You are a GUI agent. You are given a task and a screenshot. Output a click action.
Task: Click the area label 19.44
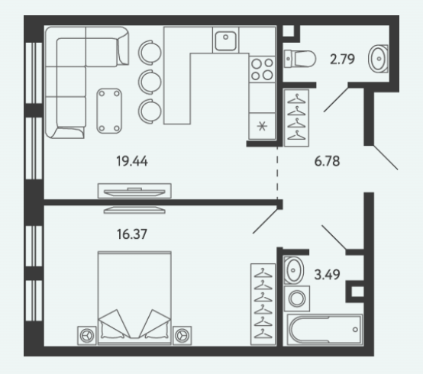[x=132, y=161]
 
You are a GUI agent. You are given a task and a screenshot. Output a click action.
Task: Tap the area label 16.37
[x=132, y=234]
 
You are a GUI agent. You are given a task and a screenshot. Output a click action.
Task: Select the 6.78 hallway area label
[x=327, y=161]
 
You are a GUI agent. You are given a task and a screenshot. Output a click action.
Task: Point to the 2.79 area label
[x=342, y=59]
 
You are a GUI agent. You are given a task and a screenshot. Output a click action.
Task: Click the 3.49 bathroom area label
[x=327, y=275]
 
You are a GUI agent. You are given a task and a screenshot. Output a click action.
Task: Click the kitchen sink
[x=225, y=40]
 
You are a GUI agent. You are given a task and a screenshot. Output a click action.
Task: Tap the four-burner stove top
[x=262, y=69]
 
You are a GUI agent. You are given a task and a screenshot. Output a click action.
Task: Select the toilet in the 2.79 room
[x=300, y=59]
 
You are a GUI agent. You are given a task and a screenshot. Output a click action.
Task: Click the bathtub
[x=325, y=330]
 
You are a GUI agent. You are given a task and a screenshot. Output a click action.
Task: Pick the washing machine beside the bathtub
[x=297, y=298]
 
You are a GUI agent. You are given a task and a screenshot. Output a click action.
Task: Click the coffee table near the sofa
[x=109, y=111]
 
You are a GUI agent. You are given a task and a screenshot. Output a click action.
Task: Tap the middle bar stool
[x=150, y=82]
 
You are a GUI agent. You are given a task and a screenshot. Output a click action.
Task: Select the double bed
[x=134, y=298]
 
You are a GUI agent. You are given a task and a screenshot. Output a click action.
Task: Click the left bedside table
[x=87, y=335]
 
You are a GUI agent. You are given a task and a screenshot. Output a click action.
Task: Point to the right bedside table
[x=182, y=335]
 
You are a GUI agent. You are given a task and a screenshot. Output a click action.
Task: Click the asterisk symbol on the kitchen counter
[x=262, y=126]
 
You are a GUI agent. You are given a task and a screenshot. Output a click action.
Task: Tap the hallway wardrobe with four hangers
[x=296, y=118]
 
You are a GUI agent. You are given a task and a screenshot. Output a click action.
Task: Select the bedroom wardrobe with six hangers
[x=263, y=305]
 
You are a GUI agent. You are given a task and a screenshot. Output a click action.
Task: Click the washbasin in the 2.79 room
[x=378, y=59]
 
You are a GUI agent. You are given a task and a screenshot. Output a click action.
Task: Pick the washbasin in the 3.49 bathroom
[x=294, y=270]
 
